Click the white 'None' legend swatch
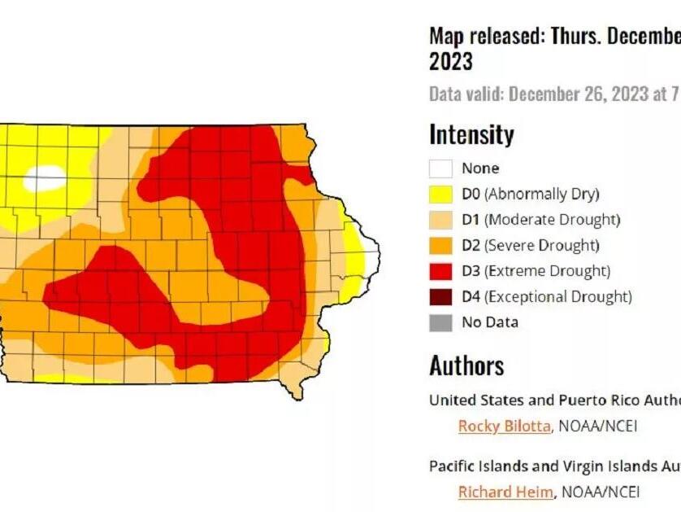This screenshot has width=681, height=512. coord(440,168)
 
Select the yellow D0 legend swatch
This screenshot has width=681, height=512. coord(440,194)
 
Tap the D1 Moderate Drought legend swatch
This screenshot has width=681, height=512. coord(440,220)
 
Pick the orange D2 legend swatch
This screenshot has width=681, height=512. coord(440,245)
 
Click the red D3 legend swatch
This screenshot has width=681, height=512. coord(440,271)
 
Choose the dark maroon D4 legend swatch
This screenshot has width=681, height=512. coord(440,296)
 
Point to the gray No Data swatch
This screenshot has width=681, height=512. coord(440,322)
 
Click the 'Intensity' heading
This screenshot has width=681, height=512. coord(471,134)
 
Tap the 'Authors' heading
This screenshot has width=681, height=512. coord(466,365)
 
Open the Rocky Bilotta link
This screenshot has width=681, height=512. coord(504,426)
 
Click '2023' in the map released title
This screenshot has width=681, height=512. coord(451,62)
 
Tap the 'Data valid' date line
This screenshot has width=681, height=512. coord(553,94)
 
